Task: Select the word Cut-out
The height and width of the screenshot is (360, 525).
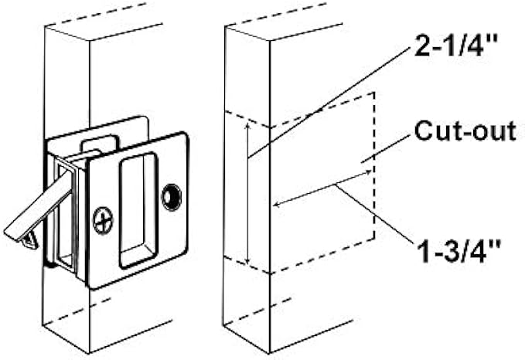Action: tap(465, 132)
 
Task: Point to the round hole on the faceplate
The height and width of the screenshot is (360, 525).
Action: tap(170, 196)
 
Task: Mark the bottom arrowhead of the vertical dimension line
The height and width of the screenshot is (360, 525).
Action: tap(247, 263)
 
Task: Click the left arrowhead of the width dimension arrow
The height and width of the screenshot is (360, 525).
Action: tap(275, 205)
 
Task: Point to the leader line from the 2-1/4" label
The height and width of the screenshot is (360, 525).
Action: tap(325, 101)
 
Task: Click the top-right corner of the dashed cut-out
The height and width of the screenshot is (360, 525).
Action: tap(376, 93)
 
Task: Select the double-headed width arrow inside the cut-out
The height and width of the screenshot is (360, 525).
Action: tap(322, 188)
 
